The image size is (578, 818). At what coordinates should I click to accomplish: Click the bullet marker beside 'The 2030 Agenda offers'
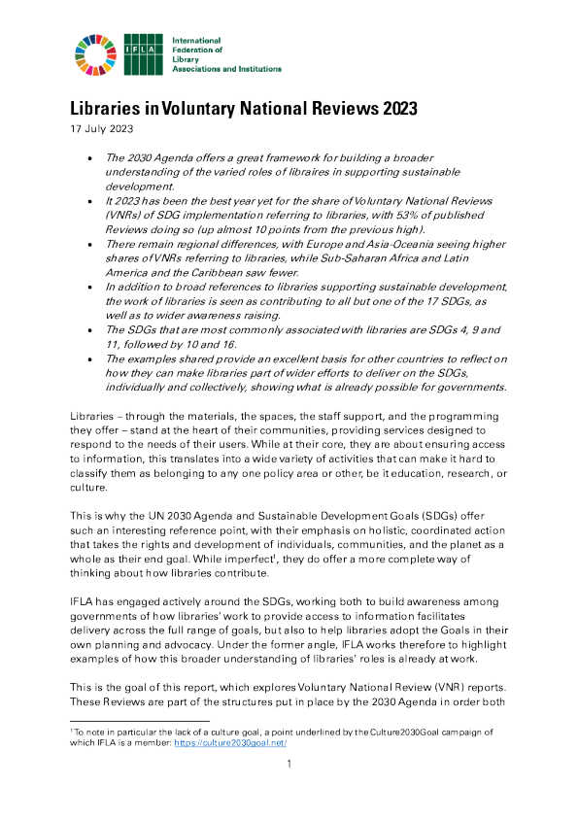(90, 157)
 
